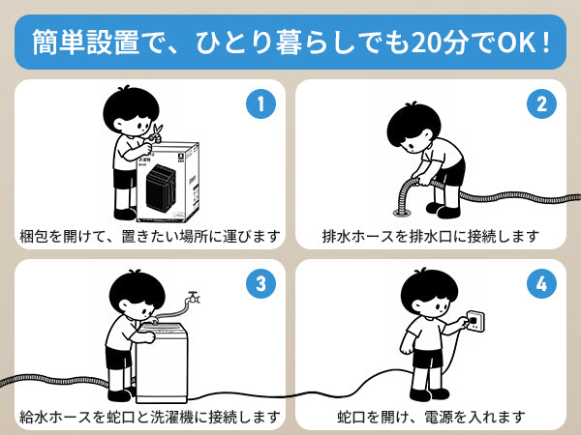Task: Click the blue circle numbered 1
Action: pyautogui.click(x=259, y=103)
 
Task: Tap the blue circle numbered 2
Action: pyautogui.click(x=541, y=103)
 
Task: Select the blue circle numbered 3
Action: pyautogui.click(x=259, y=283)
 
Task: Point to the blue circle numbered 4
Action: pyautogui.click(x=541, y=283)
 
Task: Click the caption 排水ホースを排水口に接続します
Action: pyautogui.click(x=430, y=235)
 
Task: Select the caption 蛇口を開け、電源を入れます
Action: pyautogui.click(x=431, y=417)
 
